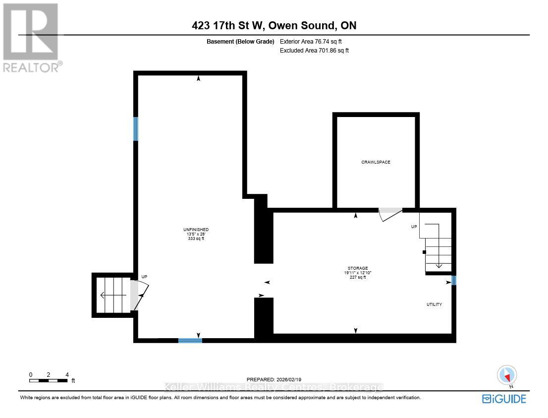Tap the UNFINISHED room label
coord(196,230)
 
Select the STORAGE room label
coord(357,268)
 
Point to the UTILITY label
coord(434,304)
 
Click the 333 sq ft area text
coord(196,239)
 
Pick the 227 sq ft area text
coord(357,277)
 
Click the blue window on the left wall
coord(136,129)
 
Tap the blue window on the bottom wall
coord(190,340)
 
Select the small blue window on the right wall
coord(453,281)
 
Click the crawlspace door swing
coord(389,214)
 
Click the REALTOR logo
coord(31,38)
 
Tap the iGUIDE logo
coord(504,398)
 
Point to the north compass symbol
coord(506,375)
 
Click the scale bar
coord(48,381)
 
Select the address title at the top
coord(274,26)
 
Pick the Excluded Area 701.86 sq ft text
coord(314,51)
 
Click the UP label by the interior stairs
coord(414,227)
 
